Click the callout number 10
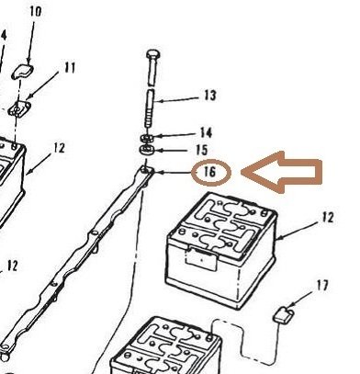(x=36, y=12)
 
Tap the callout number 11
(x=70, y=67)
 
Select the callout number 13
(x=209, y=95)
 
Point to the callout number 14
(x=207, y=133)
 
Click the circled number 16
(x=209, y=172)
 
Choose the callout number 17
(x=321, y=286)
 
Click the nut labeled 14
(x=147, y=136)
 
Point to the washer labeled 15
(x=147, y=148)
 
